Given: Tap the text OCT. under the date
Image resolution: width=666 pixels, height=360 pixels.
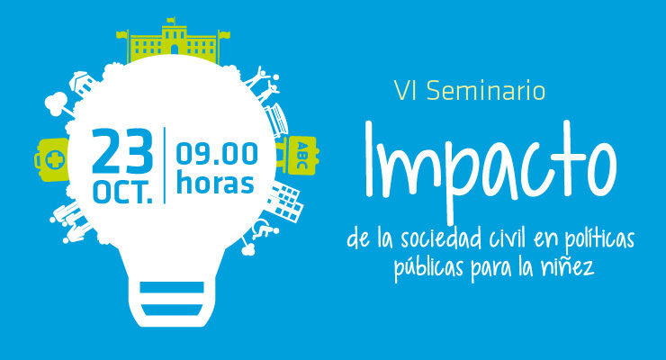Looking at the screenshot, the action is [x=122, y=192].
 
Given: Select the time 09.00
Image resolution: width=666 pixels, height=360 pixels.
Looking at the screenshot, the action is [x=217, y=153].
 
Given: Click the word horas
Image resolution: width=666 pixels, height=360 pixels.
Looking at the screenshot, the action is [x=215, y=183].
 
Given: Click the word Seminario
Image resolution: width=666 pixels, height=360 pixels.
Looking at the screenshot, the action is [x=486, y=90].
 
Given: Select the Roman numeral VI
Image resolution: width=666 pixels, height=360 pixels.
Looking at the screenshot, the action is [x=408, y=91].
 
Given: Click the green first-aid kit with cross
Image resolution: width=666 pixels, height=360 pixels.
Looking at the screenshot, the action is [x=51, y=159].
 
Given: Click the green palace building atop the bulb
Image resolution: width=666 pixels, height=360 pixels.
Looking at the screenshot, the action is [x=174, y=41].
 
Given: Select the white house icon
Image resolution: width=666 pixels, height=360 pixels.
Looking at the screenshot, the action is [x=84, y=83].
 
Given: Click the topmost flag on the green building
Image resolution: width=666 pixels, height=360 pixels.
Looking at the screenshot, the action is [x=171, y=20].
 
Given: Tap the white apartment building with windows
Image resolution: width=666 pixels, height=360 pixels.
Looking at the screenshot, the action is [x=283, y=202].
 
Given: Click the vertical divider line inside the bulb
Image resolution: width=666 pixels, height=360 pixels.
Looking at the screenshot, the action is [x=165, y=165].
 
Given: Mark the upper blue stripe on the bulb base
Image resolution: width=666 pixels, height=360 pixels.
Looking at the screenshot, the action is [x=172, y=287].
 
